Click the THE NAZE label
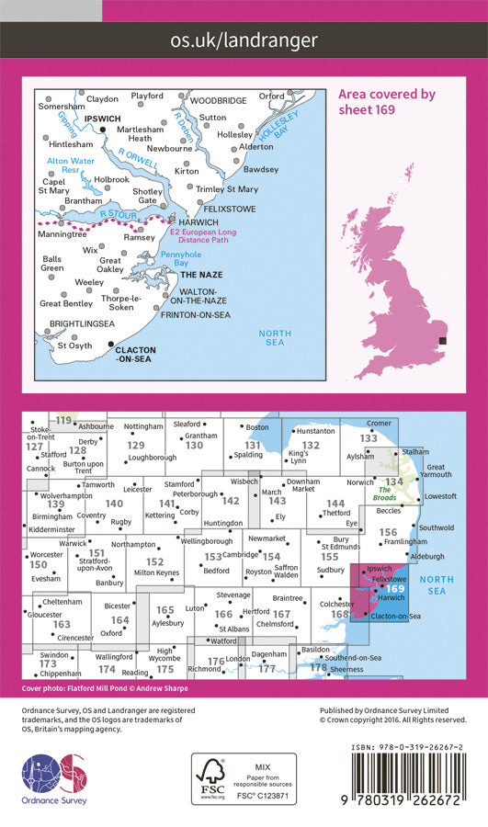tap(199, 275)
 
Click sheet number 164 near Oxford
tap(119, 621)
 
